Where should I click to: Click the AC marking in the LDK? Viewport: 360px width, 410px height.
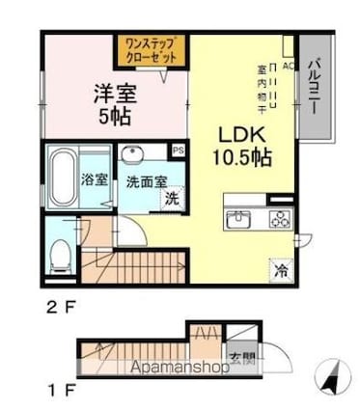coord(289,55)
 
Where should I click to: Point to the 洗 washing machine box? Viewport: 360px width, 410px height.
coord(172,200)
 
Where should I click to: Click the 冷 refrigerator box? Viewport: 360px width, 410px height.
coord(279,270)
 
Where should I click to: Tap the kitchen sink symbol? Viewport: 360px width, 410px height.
coord(238,219)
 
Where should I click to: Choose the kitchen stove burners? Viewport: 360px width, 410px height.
coord(280,218)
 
